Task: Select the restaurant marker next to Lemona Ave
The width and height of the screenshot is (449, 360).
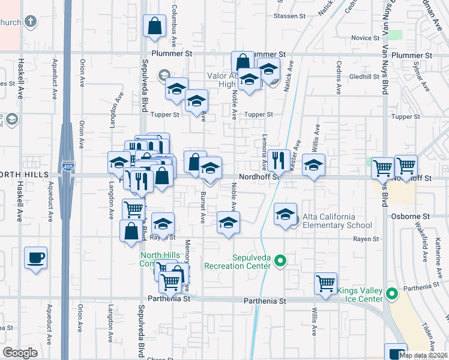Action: tap(278, 160)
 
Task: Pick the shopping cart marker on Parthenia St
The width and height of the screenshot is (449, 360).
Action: tap(326, 283)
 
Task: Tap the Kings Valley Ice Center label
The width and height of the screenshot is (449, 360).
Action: tap(360, 295)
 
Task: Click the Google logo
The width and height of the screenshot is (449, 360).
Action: tap(20, 353)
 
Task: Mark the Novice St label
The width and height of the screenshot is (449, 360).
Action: tap(362, 38)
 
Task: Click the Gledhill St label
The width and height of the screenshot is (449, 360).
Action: tap(361, 77)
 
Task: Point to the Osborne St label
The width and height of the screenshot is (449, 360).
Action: tap(411, 216)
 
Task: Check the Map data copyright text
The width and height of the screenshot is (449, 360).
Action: tap(424, 355)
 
